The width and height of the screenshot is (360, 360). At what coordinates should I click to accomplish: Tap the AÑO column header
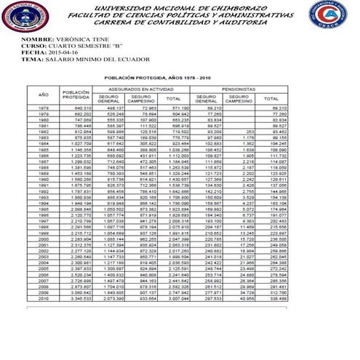pyautogui.click(x=44, y=95)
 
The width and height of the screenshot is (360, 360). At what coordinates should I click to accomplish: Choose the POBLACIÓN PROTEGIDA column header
pyautogui.click(x=76, y=95)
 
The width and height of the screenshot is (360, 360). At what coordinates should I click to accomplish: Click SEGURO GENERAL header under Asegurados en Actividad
pyautogui.click(x=109, y=99)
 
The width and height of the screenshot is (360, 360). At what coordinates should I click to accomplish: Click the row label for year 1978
pyautogui.click(x=44, y=108)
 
